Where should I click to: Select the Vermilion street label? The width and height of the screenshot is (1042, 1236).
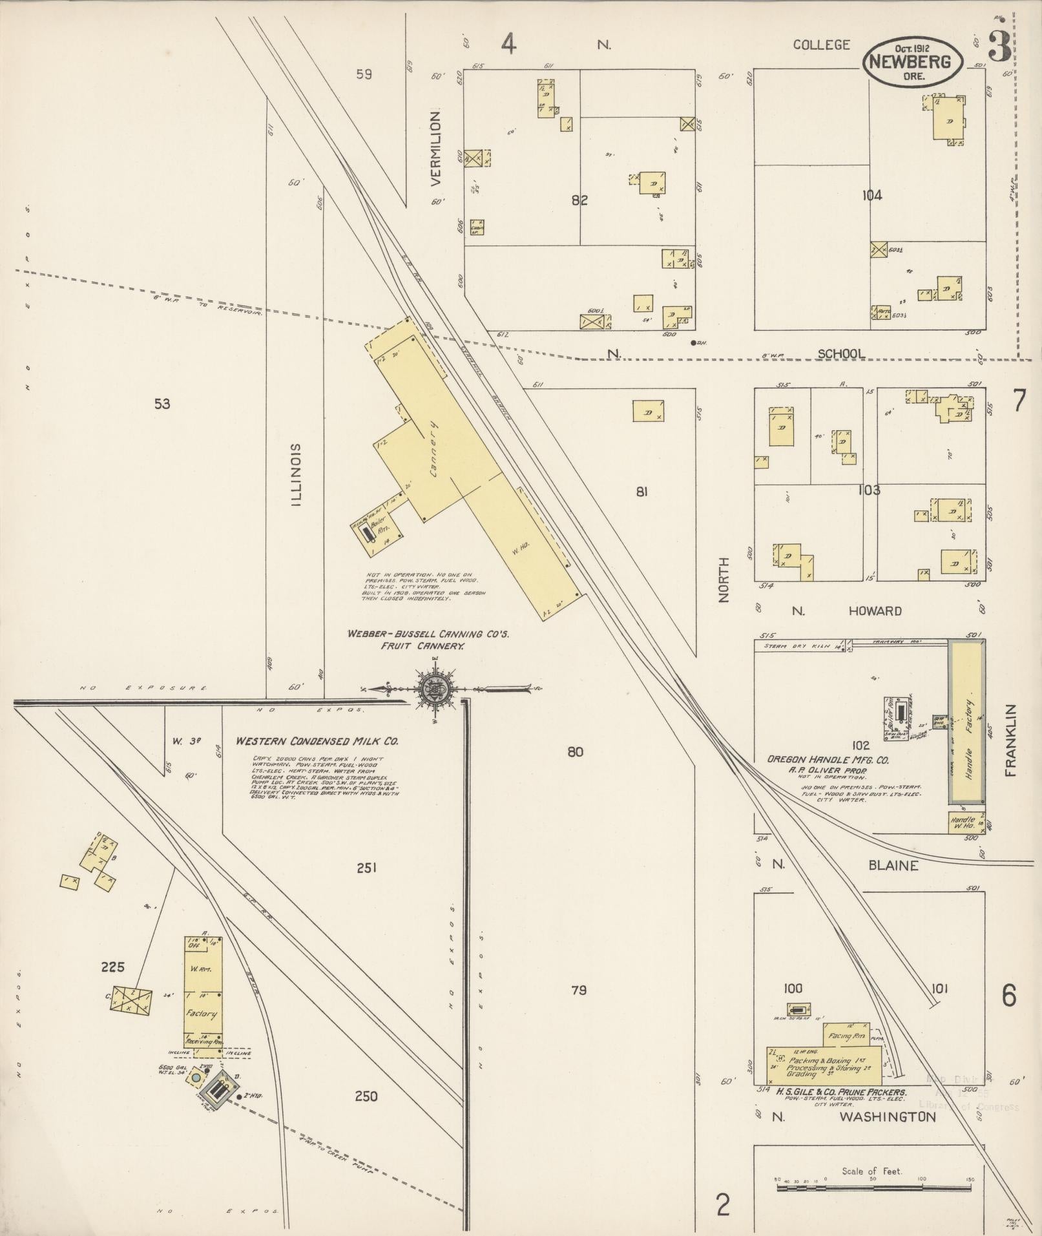pyautogui.click(x=437, y=148)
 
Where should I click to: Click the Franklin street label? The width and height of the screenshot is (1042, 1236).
pyautogui.click(x=1011, y=740)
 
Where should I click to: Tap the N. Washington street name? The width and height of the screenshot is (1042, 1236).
pyautogui.click(x=853, y=1116)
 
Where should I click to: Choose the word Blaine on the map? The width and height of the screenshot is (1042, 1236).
pyautogui.click(x=893, y=865)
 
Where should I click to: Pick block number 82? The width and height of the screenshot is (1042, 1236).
pyautogui.click(x=579, y=200)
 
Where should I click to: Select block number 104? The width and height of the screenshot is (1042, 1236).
pyautogui.click(x=871, y=194)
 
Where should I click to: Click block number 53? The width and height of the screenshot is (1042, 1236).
pyautogui.click(x=162, y=404)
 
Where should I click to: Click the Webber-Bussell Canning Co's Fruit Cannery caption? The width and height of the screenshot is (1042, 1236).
pyautogui.click(x=428, y=640)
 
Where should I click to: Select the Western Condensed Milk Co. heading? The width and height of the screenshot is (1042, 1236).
pyautogui.click(x=317, y=742)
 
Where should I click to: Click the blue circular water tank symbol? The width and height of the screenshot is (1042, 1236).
pyautogui.click(x=195, y=1078)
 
